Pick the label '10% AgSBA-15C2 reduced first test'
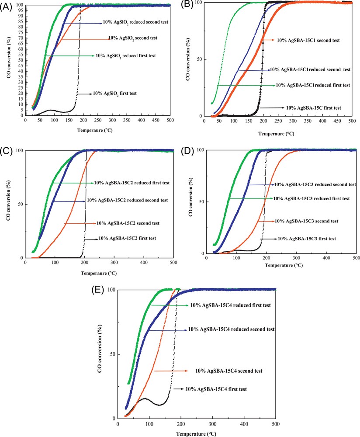(x=132, y=183)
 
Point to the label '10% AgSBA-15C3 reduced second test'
(x=312, y=185)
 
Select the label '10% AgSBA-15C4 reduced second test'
(x=231, y=329)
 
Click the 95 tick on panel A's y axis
(x=21, y=10)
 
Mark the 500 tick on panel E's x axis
(x=276, y=423)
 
